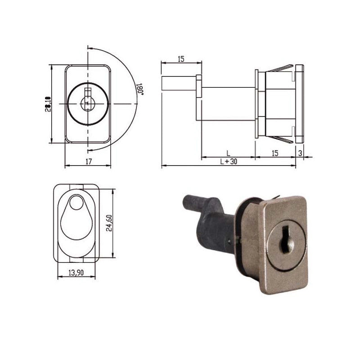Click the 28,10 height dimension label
coord(48,104)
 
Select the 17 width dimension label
coord(89,162)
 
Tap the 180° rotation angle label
coord(141,89)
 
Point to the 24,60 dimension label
coord(109,223)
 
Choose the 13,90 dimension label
coord(76,273)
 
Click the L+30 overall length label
coord(229,162)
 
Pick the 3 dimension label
coord(300,153)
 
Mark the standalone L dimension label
coord(228,153)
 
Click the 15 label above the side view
coord(181,59)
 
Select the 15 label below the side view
coord(275,153)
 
